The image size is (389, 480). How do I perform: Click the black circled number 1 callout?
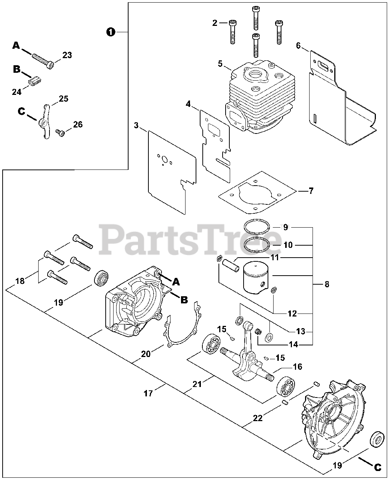110,33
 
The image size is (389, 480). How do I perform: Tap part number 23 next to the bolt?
67,55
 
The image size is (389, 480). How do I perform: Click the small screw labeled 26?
60,132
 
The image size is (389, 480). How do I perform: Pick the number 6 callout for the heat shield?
298,46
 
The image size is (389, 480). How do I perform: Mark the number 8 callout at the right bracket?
327,285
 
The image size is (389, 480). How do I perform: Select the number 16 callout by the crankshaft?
298,367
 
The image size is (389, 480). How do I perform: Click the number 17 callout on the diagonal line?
148,393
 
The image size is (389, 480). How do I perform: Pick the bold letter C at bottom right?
377,467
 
